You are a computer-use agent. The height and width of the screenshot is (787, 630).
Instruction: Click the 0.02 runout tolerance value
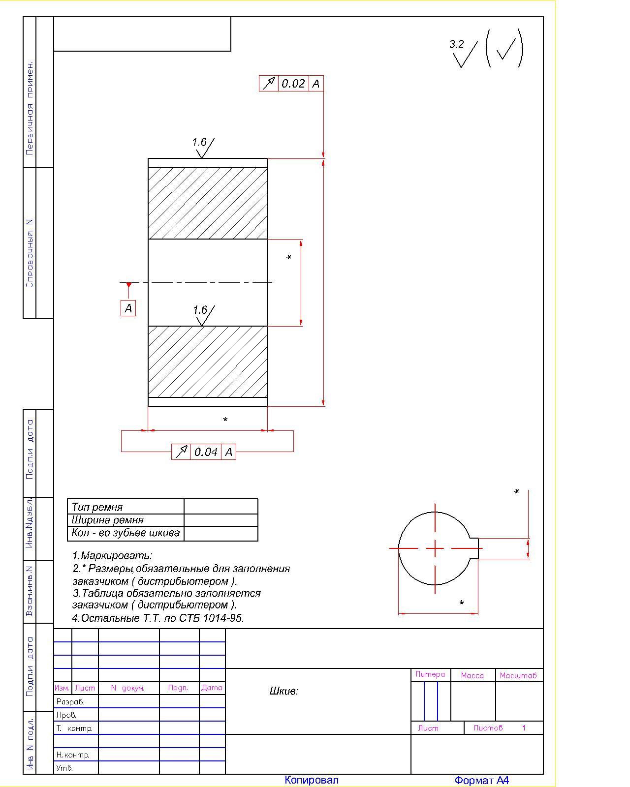click(293, 84)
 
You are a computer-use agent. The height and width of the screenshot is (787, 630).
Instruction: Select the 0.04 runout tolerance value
click(206, 452)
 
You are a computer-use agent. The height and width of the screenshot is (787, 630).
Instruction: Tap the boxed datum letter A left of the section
click(128, 308)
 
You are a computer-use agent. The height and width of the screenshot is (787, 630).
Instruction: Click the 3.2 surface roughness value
click(456, 44)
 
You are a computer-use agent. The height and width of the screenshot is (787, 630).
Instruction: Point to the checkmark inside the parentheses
click(505, 49)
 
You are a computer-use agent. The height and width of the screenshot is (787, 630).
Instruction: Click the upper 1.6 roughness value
click(199, 142)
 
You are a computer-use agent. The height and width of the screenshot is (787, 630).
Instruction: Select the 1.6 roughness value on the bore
click(200, 310)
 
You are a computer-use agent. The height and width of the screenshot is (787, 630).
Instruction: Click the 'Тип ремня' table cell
click(97, 507)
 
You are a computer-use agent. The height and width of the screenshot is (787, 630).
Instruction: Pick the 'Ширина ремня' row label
click(107, 520)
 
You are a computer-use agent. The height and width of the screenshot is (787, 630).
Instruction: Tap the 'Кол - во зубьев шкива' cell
click(126, 533)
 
